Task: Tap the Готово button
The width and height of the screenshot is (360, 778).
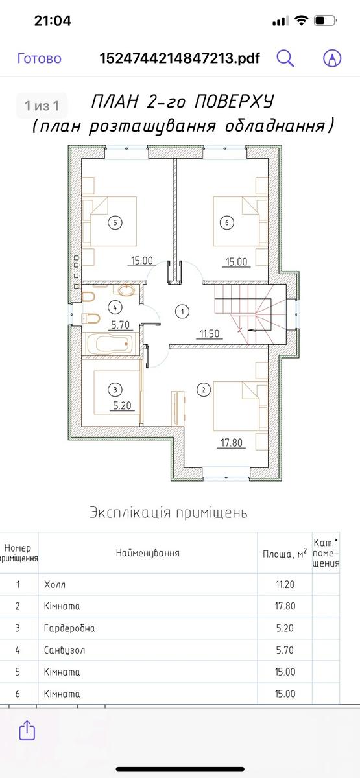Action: (x=40, y=58)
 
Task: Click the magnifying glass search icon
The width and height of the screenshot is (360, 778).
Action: (x=285, y=58)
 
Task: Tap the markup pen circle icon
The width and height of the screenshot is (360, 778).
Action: (x=332, y=58)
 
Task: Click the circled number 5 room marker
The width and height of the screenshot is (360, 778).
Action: (x=115, y=222)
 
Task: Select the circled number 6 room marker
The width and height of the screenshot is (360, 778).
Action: (x=227, y=222)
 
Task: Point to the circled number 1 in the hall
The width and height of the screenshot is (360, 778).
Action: (x=182, y=311)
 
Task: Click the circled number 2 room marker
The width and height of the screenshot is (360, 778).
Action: (x=204, y=390)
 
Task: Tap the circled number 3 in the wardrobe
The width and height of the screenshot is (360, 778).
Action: (x=115, y=390)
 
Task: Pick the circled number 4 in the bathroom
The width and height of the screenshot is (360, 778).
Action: (x=115, y=307)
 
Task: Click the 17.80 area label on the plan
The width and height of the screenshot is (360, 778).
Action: (x=232, y=443)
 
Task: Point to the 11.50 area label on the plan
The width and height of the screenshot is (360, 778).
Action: (x=210, y=334)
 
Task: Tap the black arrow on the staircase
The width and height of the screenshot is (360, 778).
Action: (x=256, y=330)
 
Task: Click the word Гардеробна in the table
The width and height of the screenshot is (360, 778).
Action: (x=69, y=628)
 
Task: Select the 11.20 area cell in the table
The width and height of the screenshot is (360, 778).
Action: (x=285, y=585)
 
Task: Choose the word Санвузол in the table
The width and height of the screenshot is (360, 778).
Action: (x=64, y=650)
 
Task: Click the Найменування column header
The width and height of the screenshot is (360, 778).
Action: (x=148, y=553)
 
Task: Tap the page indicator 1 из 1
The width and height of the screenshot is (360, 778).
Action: (x=42, y=106)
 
